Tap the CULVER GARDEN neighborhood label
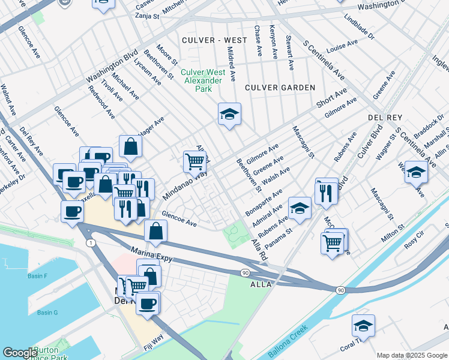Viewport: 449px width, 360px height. pyautogui.click(x=280, y=88)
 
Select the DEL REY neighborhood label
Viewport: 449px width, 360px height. pyautogui.click(x=385, y=118)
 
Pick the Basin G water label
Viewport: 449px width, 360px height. pyautogui.click(x=47, y=313)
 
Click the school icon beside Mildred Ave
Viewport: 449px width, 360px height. pyautogui.click(x=229, y=114)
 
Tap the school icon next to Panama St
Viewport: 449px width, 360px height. pyautogui.click(x=300, y=208)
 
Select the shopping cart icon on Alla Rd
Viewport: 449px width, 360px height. pyautogui.click(x=194, y=161)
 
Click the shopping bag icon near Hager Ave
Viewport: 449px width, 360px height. pyautogui.click(x=130, y=146)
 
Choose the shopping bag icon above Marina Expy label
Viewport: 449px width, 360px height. pyautogui.click(x=155, y=231)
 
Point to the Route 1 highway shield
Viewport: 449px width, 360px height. pyautogui.click(x=90, y=242)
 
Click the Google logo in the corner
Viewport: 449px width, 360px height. pyautogui.click(x=20, y=353)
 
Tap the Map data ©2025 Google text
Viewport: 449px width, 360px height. pyautogui.click(x=412, y=355)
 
